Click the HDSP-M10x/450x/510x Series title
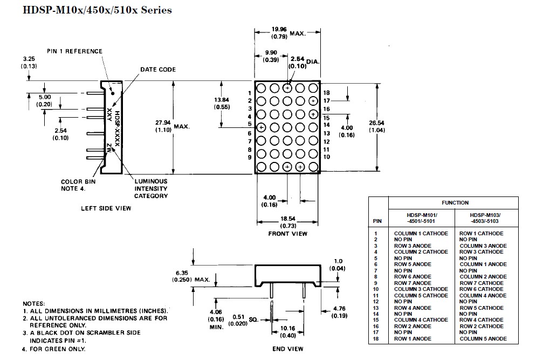click(97, 10)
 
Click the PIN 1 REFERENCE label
click(74, 51)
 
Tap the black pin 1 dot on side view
click(113, 93)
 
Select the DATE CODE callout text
click(158, 70)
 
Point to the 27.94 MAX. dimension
click(173, 126)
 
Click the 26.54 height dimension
click(377, 126)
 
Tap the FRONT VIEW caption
click(288, 234)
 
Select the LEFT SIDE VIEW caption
click(106, 208)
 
